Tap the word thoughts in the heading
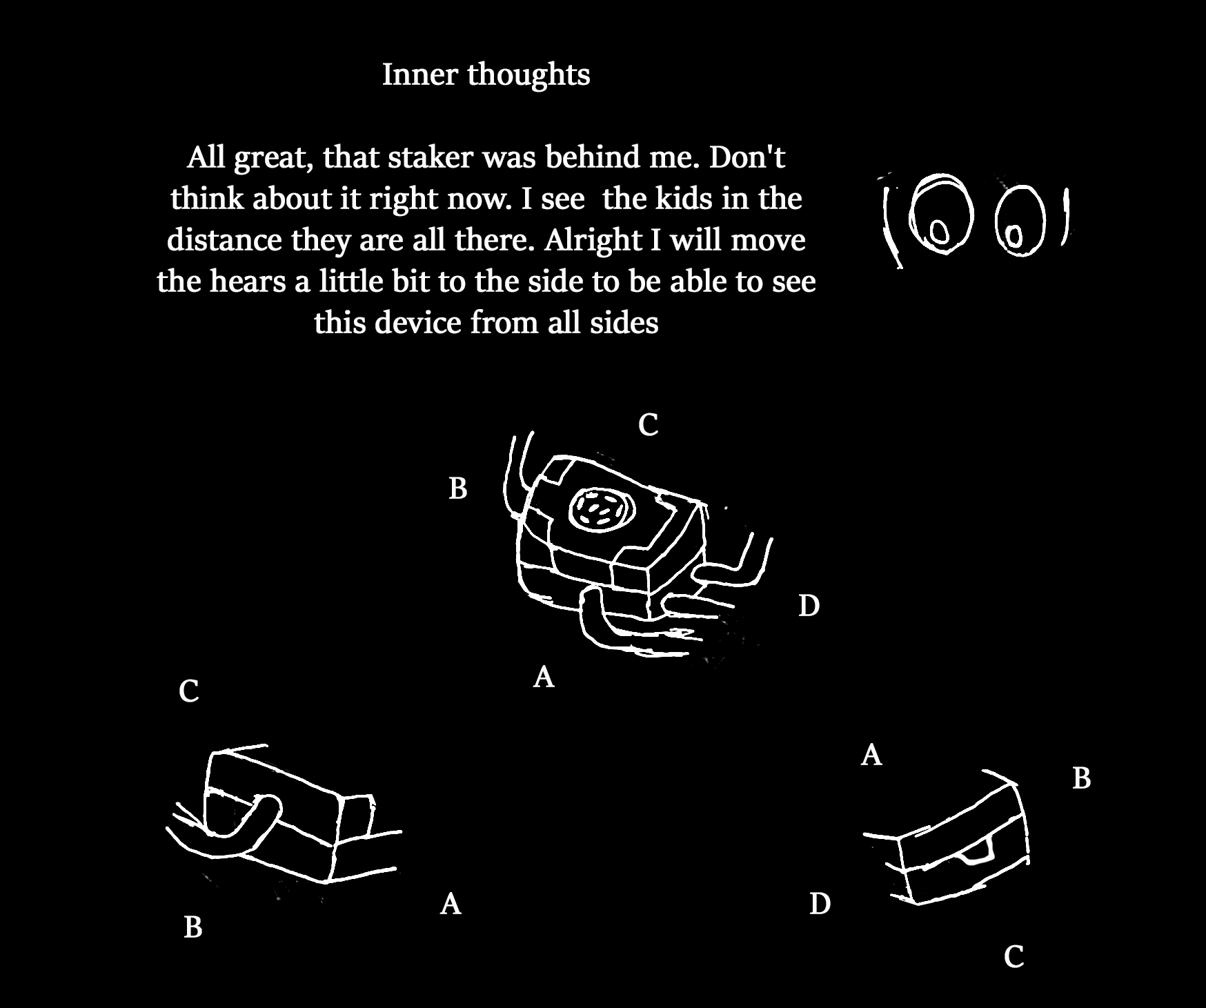point(528,75)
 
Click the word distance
point(224,240)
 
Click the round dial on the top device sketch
point(599,511)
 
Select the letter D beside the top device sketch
point(809,606)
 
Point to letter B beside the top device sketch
point(458,488)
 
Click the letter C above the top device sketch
point(648,425)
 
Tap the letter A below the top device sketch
point(544,678)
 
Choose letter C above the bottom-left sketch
point(188,691)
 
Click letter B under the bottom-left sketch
point(193,927)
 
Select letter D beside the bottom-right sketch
point(820,903)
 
